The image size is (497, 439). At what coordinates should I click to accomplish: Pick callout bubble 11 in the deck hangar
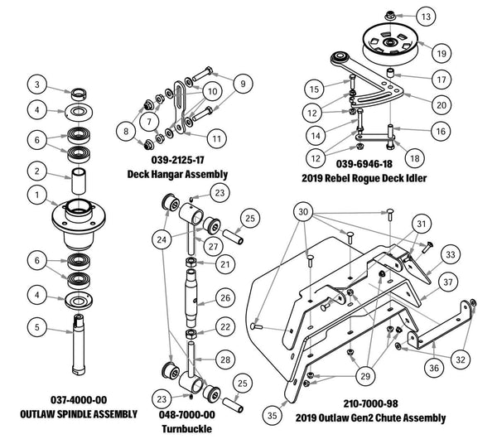point(217,137)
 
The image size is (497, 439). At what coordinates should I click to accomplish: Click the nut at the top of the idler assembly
point(385,14)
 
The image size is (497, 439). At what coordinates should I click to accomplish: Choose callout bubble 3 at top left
point(36,84)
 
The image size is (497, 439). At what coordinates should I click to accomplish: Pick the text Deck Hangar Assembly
point(177,174)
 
